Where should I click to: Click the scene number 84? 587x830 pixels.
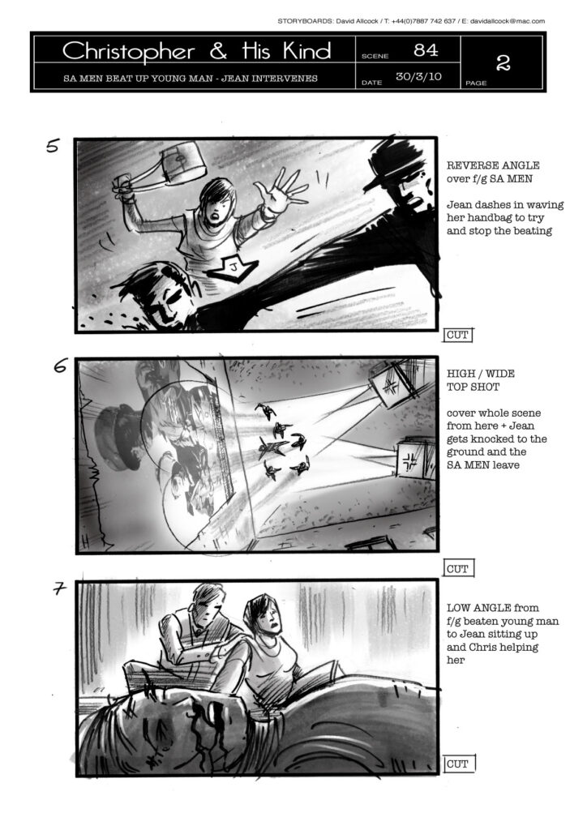pos(426,50)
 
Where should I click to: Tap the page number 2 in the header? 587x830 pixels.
pos(503,63)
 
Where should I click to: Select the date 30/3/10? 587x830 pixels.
pos(418,76)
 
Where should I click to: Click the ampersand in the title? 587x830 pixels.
pos(218,51)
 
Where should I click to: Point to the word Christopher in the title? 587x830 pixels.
pos(129,52)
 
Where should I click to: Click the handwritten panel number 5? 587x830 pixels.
pos(53,145)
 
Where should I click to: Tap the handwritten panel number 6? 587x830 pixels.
pos(60,365)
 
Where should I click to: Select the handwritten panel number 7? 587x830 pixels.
pos(59,588)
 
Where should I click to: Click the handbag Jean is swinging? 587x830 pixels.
pos(182,161)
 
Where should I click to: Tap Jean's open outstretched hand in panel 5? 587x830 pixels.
pos(281,191)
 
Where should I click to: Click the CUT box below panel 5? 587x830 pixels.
pos(457,335)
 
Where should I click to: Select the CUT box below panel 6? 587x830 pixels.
pos(458,568)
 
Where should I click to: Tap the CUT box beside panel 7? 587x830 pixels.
pos(458,764)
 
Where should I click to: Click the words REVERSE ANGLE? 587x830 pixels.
pos(493,165)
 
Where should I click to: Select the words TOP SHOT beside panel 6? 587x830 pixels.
pos(473,387)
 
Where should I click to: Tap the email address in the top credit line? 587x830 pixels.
pos(507,21)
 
